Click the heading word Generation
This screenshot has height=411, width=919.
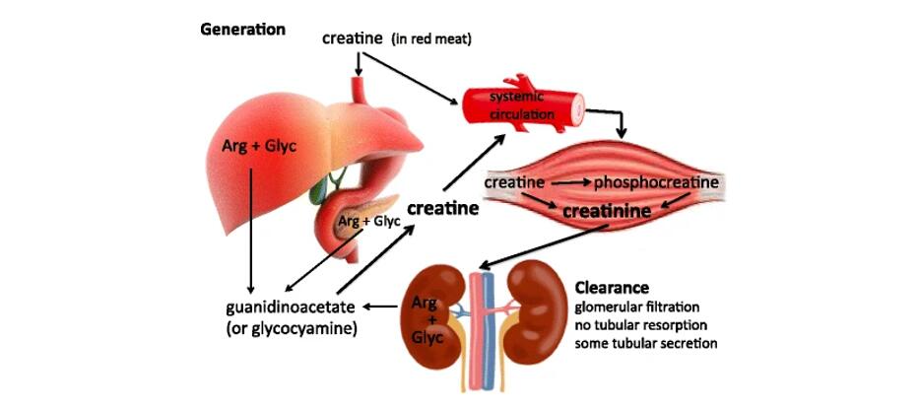[x=242, y=30]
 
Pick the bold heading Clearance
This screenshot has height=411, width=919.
[x=612, y=289]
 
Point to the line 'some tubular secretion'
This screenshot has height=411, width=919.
[x=645, y=343]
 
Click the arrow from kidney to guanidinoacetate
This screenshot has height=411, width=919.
[x=382, y=307]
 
